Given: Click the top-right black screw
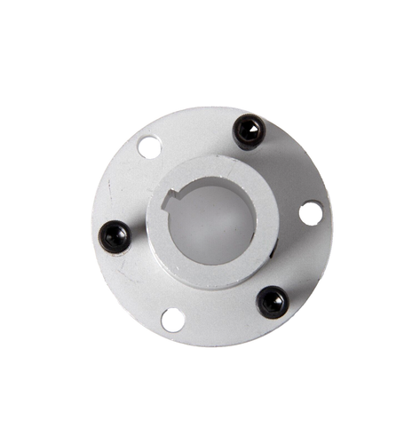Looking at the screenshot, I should (x=249, y=132).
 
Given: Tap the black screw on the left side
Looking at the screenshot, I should (x=115, y=236).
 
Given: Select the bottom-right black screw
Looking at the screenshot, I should (x=272, y=303).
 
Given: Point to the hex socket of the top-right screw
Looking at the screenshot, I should (x=250, y=131).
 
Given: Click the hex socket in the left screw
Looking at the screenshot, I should (x=114, y=235).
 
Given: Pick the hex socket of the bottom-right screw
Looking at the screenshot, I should (x=272, y=302).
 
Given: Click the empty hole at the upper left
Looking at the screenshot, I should (x=149, y=146).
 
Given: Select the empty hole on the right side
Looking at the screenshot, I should (x=310, y=213).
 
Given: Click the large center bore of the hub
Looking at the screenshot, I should (x=211, y=224).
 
